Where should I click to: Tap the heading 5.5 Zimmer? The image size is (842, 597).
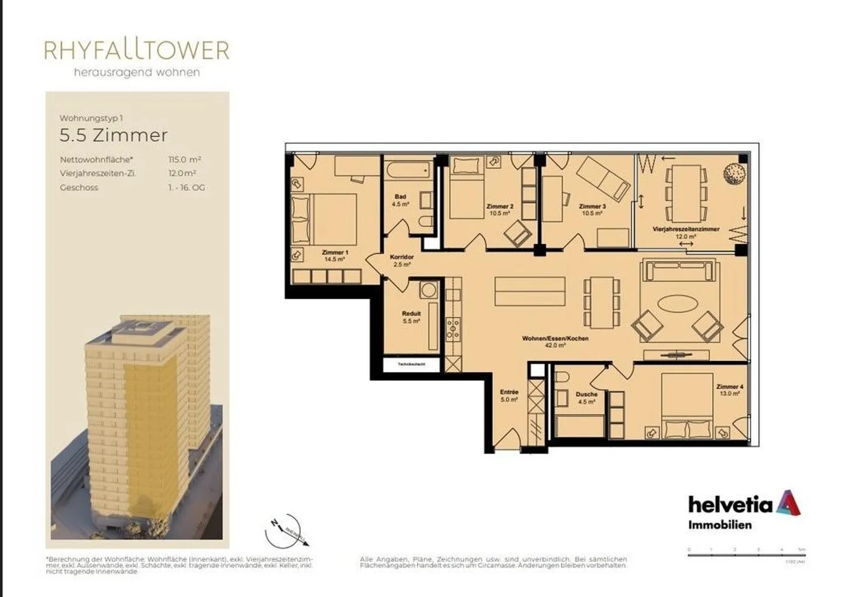(x=113, y=135)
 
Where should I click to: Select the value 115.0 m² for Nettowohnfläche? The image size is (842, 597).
(x=184, y=159)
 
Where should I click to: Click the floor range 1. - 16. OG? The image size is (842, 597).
(x=186, y=187)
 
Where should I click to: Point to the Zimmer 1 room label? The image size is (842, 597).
(x=334, y=256)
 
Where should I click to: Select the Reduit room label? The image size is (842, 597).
(x=411, y=317)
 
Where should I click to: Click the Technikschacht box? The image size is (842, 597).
(x=412, y=364)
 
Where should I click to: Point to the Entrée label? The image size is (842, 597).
(x=509, y=396)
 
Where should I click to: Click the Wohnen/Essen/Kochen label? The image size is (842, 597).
(x=555, y=341)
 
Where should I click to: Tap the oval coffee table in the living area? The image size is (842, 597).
(x=677, y=306)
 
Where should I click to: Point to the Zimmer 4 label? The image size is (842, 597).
(x=729, y=390)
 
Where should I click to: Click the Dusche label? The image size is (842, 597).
(x=586, y=397)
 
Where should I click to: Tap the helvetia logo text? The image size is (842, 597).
(x=730, y=504)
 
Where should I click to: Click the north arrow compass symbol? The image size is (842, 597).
(x=285, y=530)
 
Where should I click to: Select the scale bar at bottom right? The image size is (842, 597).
(x=747, y=554)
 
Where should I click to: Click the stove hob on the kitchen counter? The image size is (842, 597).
(x=453, y=329)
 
